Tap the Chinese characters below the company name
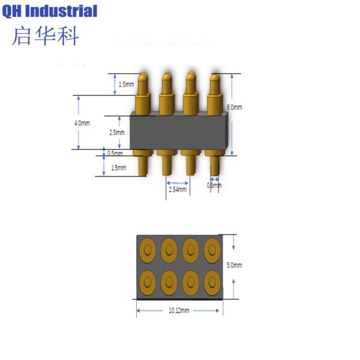click(46, 35)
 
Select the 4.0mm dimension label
click(82, 123)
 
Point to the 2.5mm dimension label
click(117, 133)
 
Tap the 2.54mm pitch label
click(177, 190)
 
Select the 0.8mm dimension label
click(214, 185)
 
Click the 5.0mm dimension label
click(234, 265)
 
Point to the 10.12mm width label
click(179, 310)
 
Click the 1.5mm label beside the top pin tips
click(127, 85)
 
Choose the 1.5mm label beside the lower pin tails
click(118, 168)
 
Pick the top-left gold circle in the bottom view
click(147, 248)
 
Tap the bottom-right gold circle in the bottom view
click(212, 281)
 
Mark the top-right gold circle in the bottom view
click(212, 248)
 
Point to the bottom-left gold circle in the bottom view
click(147, 281)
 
